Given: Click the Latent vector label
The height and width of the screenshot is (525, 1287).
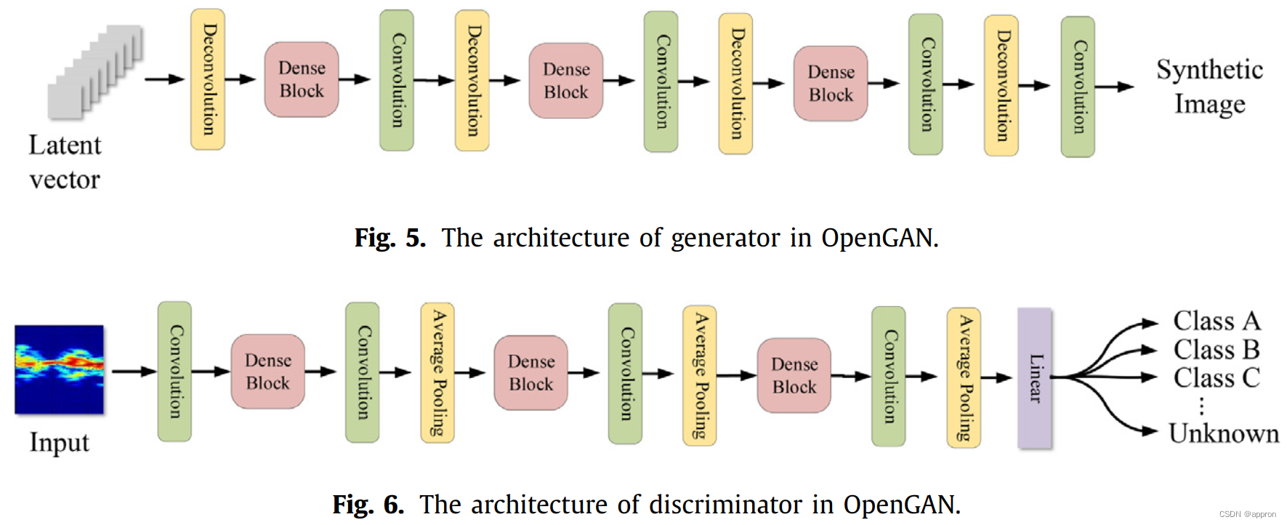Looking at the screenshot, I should coord(65,161).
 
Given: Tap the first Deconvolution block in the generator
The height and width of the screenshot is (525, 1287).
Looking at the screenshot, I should coord(208,79).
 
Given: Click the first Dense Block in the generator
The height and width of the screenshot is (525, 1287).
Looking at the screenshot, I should coord(302,79).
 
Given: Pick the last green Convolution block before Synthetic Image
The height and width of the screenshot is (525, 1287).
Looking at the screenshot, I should coord(1078,87).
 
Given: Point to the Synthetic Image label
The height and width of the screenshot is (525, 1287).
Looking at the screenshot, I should coord(1209,87).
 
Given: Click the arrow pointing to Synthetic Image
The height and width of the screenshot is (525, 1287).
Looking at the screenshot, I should coord(1114,87).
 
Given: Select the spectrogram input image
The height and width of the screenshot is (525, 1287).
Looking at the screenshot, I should coord(60,369).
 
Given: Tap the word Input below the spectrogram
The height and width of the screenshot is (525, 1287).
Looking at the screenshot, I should coord(60,442).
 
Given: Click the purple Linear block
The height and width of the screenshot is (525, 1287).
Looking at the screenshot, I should coord(1035,377).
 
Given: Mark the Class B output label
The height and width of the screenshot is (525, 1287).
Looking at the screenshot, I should coord(1217,349).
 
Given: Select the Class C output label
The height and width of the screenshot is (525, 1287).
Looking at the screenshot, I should coord(1217,377).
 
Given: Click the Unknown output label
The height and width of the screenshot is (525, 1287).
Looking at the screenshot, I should coord(1224,433).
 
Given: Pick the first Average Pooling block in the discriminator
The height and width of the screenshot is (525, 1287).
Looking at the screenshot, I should coord(437,372).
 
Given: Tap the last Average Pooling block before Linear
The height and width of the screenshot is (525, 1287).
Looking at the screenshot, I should coord(964,377).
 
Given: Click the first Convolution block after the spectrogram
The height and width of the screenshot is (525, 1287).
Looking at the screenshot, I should coord(174,372).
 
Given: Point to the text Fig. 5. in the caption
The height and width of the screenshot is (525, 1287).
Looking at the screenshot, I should coord(390,238).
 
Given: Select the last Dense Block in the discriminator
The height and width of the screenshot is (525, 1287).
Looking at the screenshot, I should coord(794,375).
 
